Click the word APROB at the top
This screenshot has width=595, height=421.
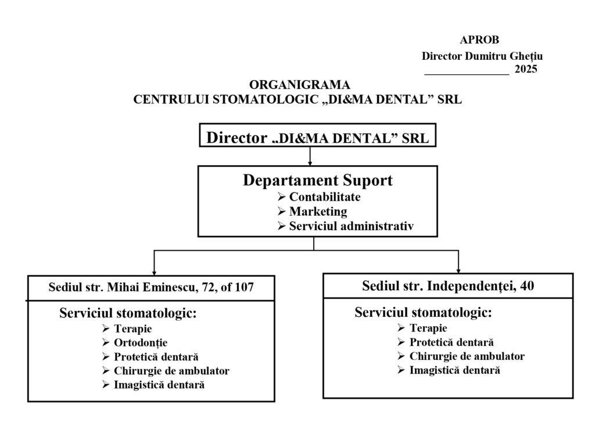(479, 40)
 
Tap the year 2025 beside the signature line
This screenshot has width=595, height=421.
(526, 69)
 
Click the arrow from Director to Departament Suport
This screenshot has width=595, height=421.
(311, 156)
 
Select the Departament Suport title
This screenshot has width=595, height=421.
(317, 180)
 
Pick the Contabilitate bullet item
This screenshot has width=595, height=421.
(325, 197)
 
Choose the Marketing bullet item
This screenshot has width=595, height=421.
(318, 211)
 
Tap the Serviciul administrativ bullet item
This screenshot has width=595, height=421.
(352, 226)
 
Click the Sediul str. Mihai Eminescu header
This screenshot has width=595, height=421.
(152, 287)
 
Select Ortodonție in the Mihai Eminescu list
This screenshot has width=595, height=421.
(140, 342)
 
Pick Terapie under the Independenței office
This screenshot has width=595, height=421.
(428, 328)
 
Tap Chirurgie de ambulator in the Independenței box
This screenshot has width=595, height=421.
(467, 356)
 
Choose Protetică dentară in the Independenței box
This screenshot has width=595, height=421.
(451, 342)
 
